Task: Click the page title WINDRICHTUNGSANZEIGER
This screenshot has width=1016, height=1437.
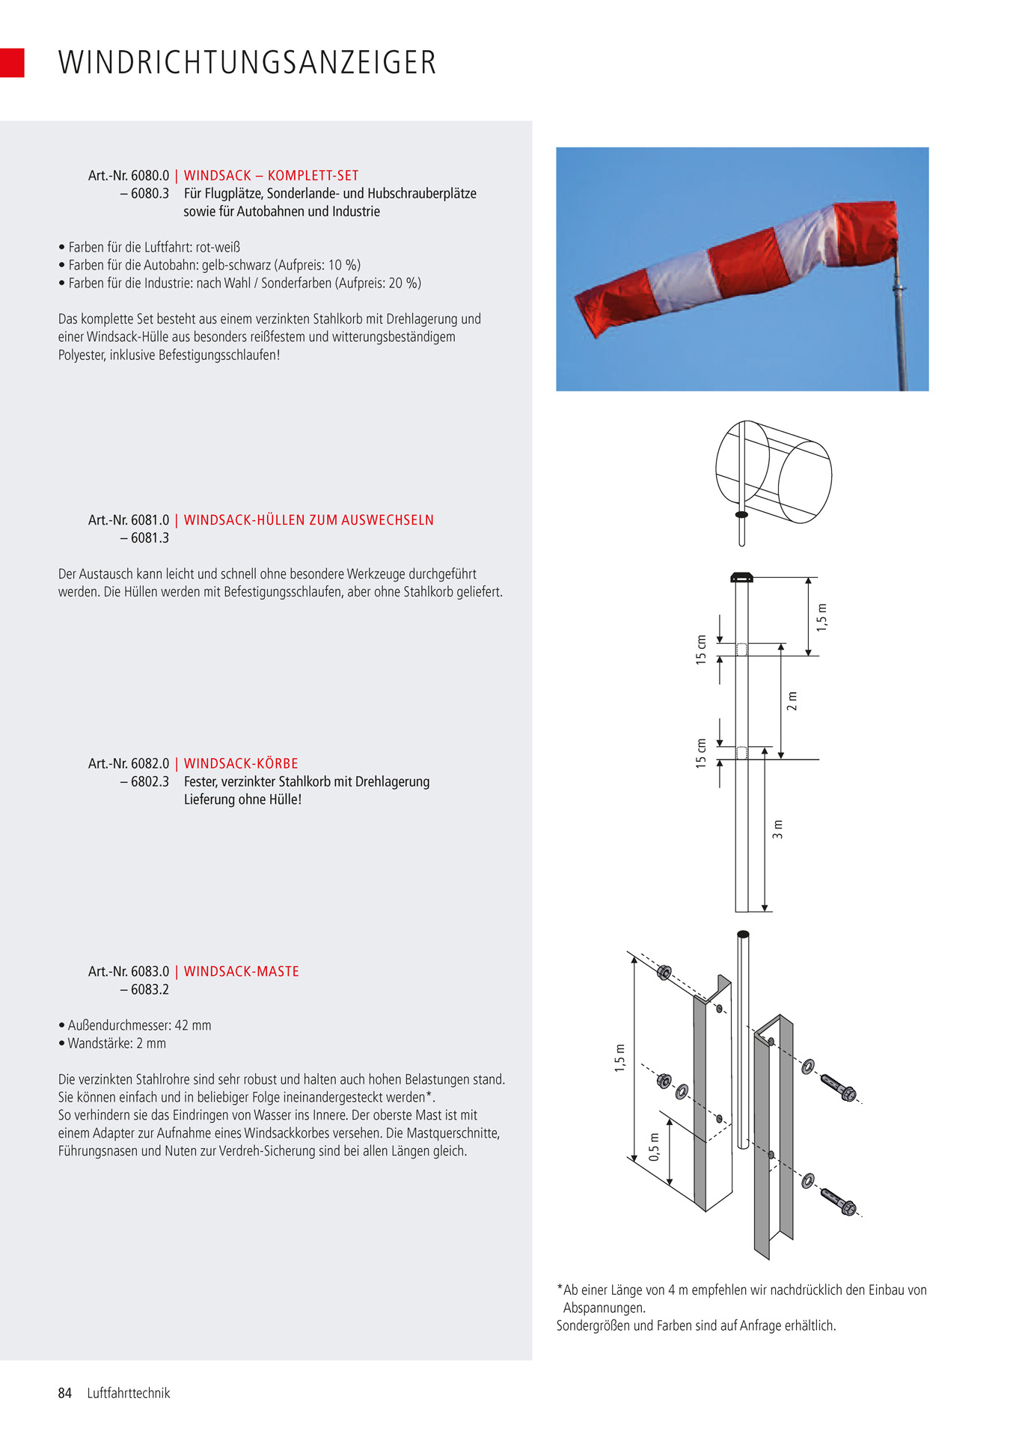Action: (x=247, y=63)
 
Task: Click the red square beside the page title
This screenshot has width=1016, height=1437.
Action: (x=12, y=63)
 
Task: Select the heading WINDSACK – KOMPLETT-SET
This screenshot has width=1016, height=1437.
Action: (x=271, y=176)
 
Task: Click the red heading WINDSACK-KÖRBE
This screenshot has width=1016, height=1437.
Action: (x=241, y=763)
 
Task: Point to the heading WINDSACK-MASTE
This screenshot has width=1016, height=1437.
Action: (x=241, y=971)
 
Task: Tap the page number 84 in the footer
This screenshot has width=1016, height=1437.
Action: (x=65, y=1393)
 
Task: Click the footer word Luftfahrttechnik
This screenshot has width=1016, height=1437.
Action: (x=129, y=1393)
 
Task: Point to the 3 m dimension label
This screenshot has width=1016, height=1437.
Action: (x=778, y=829)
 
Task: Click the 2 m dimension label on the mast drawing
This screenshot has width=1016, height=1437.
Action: (x=793, y=701)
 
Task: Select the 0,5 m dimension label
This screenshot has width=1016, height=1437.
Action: (x=655, y=1147)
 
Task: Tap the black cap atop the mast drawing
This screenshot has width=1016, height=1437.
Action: (x=741, y=577)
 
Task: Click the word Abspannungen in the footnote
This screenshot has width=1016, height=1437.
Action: (x=604, y=1308)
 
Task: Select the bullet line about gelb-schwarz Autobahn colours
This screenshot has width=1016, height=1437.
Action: (x=213, y=265)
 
